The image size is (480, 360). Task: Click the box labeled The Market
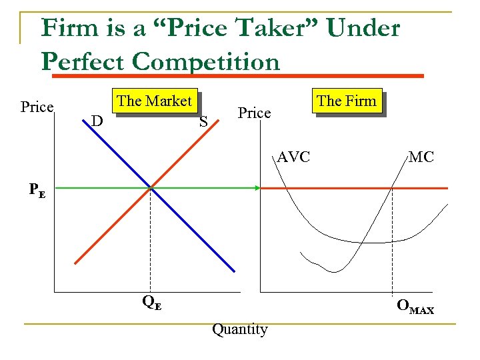pos(155,101)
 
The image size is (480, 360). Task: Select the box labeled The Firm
pos(347,101)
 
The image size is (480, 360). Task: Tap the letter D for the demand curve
pos(97,121)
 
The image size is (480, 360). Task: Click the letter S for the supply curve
pos(203,121)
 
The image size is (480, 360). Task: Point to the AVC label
pos(294,158)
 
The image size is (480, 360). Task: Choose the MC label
pos(421,158)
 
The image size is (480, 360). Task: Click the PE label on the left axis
pos(37,189)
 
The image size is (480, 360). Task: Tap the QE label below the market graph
pos(151,302)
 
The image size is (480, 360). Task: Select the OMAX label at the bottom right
pos(415,307)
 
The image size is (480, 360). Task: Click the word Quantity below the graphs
pos(239,329)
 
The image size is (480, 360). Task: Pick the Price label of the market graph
pos(37,107)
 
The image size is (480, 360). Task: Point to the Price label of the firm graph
pos(255,113)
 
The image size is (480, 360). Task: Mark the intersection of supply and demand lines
pos(151,189)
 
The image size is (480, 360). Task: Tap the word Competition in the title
pos(206,61)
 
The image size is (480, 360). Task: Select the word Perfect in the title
pos(83,61)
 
